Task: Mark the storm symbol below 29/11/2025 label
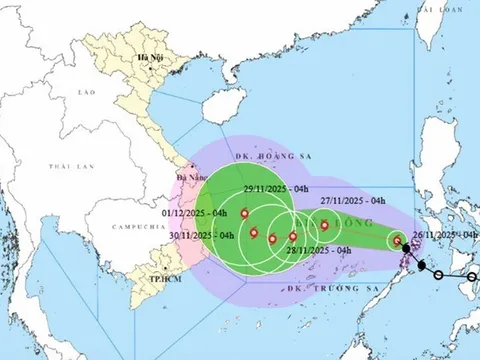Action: (x=246, y=212)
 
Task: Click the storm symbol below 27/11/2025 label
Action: (x=325, y=226)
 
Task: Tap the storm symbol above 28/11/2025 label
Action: (x=292, y=237)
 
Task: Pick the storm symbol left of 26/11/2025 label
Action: (x=397, y=240)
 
